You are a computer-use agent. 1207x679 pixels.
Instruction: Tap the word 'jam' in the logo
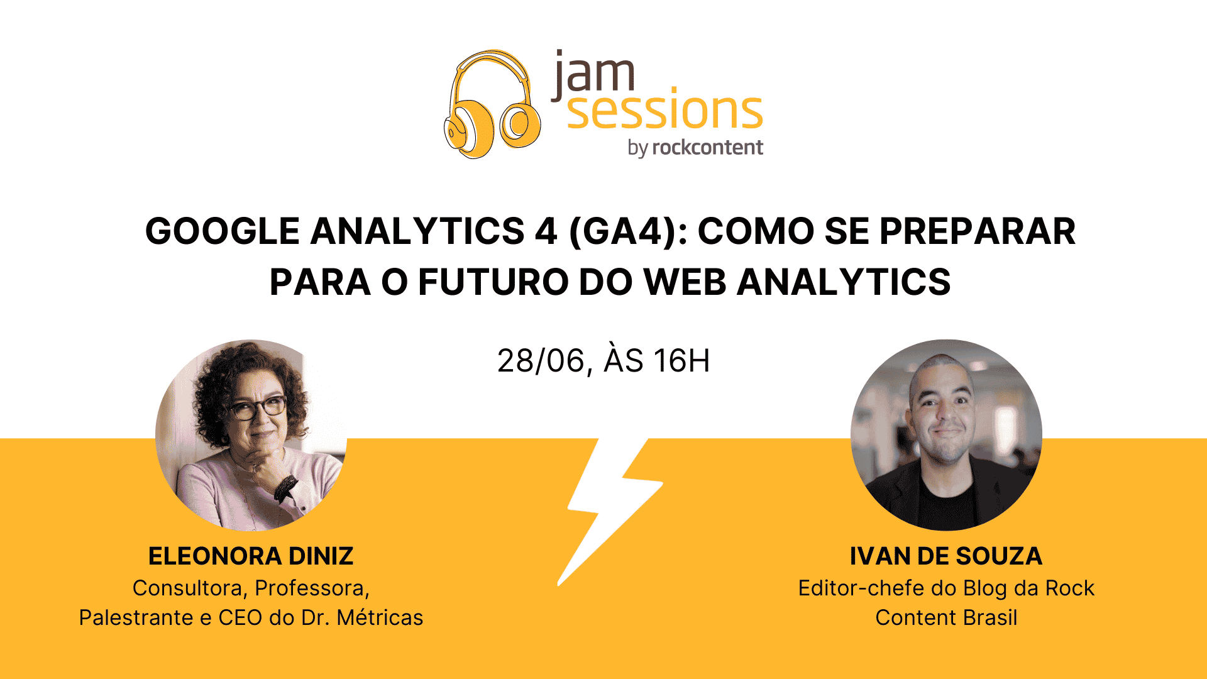click(x=593, y=74)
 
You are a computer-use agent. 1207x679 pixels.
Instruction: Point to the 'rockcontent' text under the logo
click(x=708, y=147)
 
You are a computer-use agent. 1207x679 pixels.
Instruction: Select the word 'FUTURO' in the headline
click(x=493, y=282)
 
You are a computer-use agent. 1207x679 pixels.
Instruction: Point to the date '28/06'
click(x=541, y=361)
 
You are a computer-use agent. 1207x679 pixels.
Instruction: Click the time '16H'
click(x=681, y=361)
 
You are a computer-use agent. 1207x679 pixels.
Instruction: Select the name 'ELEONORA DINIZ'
click(x=251, y=556)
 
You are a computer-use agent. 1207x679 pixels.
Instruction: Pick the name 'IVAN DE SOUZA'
click(x=946, y=556)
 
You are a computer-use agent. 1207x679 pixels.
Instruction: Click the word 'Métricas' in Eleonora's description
click(x=380, y=617)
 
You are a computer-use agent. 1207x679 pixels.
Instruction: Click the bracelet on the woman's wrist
click(x=287, y=487)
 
